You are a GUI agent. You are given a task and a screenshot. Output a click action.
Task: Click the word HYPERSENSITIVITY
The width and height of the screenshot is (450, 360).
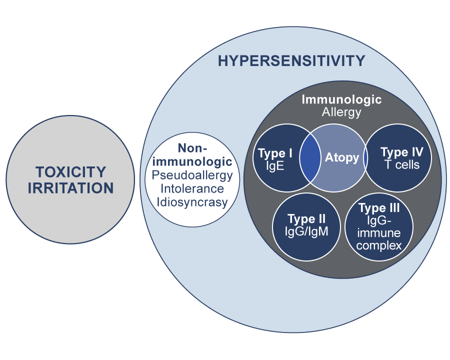tap(291, 61)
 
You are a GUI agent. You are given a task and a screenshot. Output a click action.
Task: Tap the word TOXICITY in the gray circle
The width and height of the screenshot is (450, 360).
tap(70, 172)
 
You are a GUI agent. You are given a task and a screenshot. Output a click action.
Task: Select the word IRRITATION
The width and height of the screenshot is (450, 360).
tap(70, 188)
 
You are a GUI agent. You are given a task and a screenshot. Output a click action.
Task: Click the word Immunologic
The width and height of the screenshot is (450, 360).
tap(341, 99)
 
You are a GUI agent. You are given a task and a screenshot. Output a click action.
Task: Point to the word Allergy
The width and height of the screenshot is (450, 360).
tap(341, 112)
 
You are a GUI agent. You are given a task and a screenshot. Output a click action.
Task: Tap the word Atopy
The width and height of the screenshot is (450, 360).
tap(342, 158)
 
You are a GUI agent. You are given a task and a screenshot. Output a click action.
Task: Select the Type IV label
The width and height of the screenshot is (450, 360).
tap(402, 152)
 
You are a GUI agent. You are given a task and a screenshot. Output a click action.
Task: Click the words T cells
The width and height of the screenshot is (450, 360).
tap(402, 165)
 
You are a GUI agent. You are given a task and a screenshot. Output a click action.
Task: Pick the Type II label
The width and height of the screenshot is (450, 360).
tap(306, 218)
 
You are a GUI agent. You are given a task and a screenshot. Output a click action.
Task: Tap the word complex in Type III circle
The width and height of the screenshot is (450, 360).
tap(379, 245)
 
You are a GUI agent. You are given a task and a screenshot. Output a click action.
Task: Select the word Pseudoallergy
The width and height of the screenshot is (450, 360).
tap(192, 175)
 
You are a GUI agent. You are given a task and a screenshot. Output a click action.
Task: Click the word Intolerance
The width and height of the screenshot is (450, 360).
tap(192, 189)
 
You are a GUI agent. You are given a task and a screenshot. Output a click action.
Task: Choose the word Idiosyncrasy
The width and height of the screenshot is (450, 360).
tap(192, 202)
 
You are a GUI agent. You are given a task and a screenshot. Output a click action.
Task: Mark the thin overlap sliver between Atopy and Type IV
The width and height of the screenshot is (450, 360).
tap(365, 158)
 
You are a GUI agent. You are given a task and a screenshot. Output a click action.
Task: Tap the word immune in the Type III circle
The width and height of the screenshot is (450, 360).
tap(379, 233)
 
